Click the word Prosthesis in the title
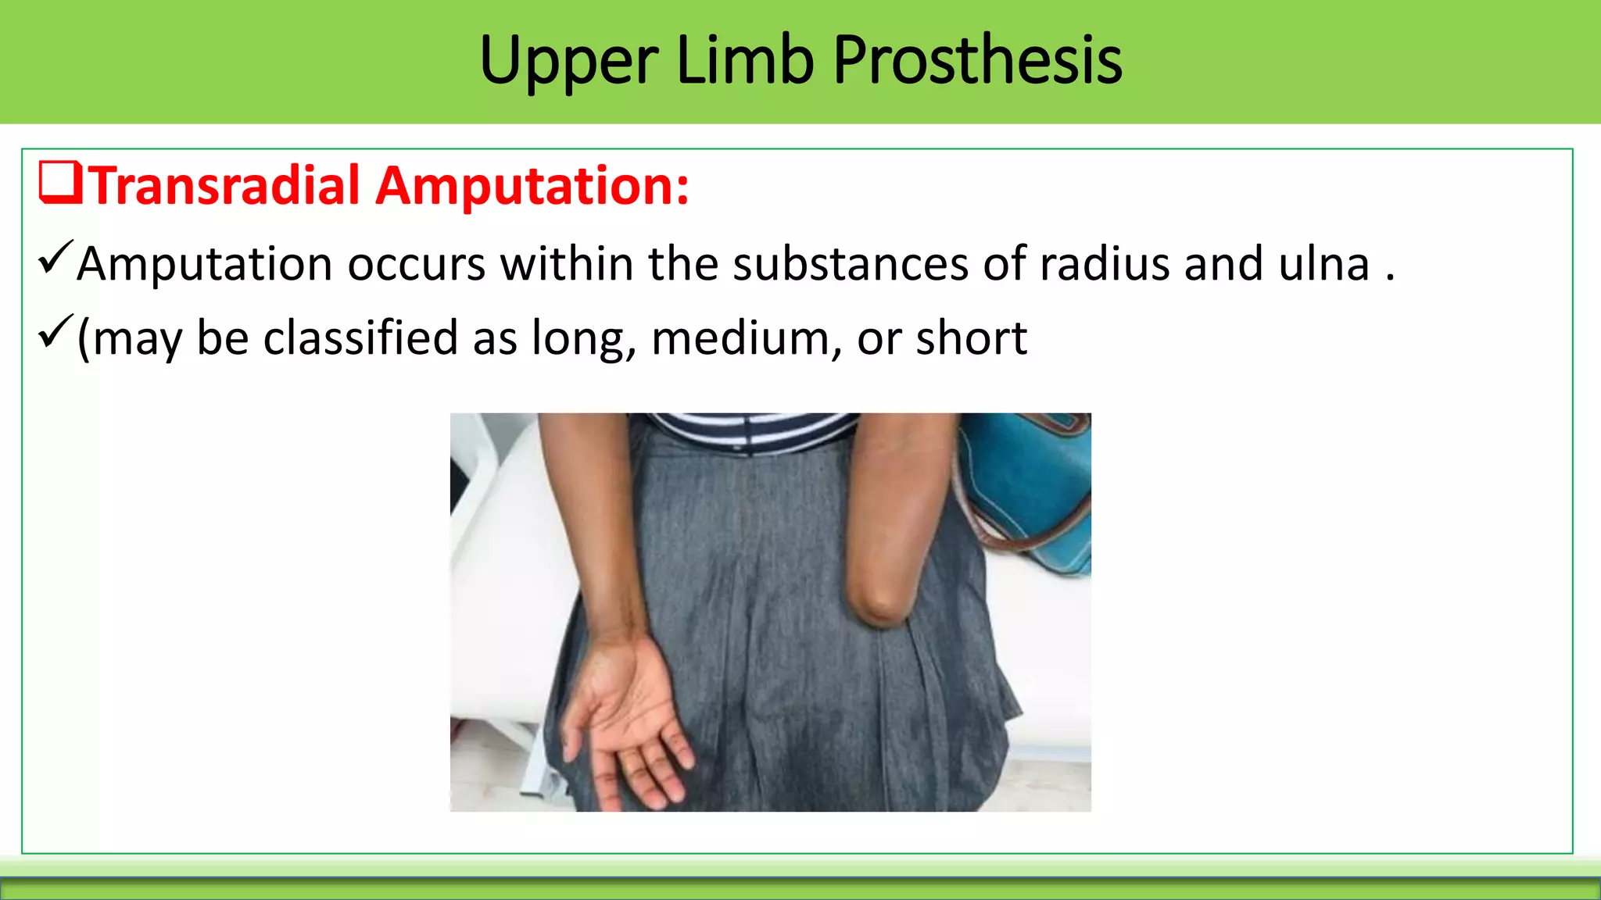(x=977, y=61)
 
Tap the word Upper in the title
(x=568, y=61)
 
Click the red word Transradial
(x=225, y=186)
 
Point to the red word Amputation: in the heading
(x=532, y=186)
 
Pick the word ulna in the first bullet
(x=1323, y=264)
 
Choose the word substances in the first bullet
(x=851, y=264)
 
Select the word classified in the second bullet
(x=360, y=339)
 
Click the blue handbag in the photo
(x=1032, y=484)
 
